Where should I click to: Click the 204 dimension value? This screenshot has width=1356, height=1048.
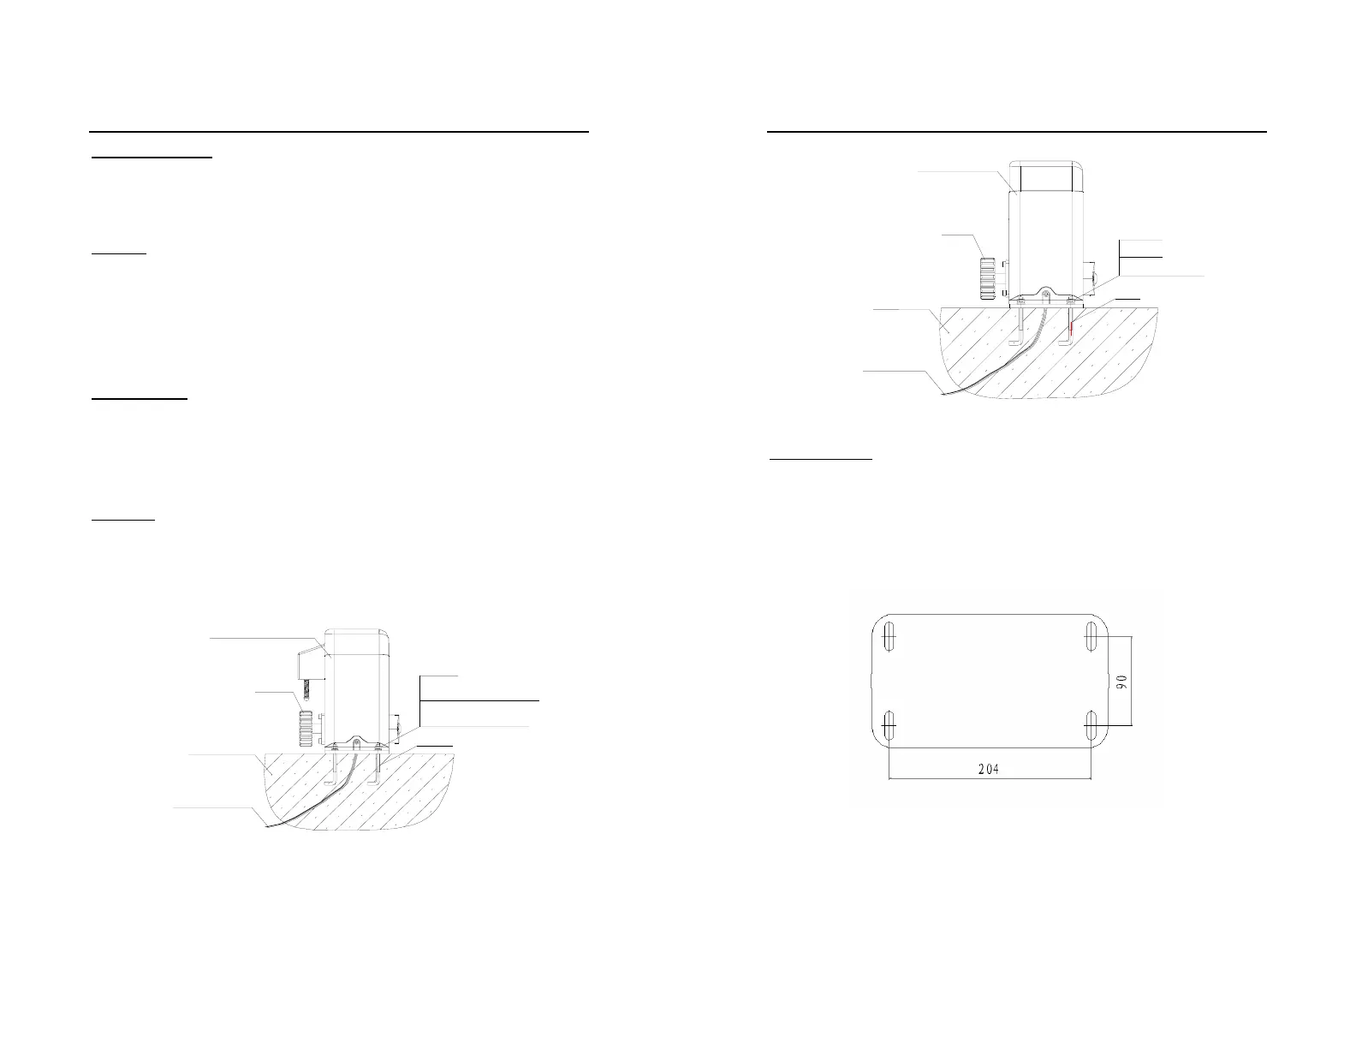[989, 768]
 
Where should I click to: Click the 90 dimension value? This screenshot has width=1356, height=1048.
[1122, 681]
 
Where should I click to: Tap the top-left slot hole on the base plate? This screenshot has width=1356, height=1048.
[889, 637]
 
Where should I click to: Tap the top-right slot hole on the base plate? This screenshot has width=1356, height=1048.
[1091, 637]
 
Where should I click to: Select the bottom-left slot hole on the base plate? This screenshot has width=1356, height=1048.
[889, 725]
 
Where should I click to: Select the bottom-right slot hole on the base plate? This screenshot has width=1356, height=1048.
[1091, 725]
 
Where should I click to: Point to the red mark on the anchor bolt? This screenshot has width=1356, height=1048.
[1070, 326]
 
